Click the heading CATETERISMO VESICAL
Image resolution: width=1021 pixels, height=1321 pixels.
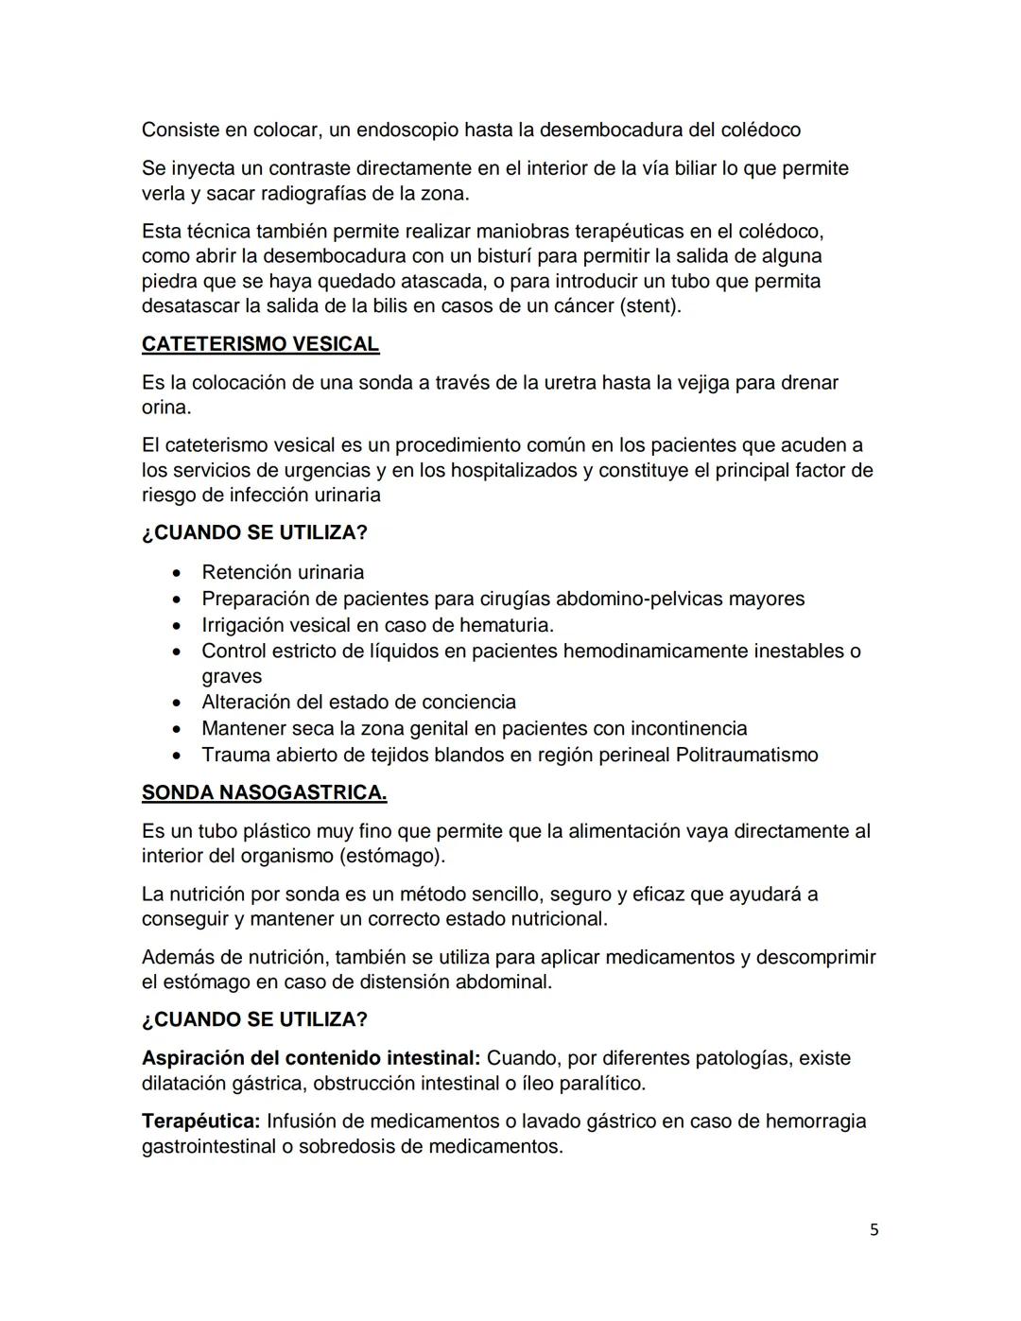coord(260,344)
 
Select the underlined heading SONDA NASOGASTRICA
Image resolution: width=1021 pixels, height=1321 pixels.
coord(264,792)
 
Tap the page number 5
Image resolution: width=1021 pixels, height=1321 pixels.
coord(874,1229)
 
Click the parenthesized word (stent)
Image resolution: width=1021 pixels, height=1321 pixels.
coord(649,306)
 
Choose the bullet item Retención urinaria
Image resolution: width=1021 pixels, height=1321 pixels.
coord(283,572)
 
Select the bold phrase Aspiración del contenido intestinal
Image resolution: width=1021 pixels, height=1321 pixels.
coord(311,1058)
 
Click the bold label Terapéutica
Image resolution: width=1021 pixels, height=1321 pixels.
coord(200,1121)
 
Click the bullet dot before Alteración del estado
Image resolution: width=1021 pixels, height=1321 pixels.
coord(177,703)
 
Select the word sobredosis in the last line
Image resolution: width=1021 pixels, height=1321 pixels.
coord(348,1147)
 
